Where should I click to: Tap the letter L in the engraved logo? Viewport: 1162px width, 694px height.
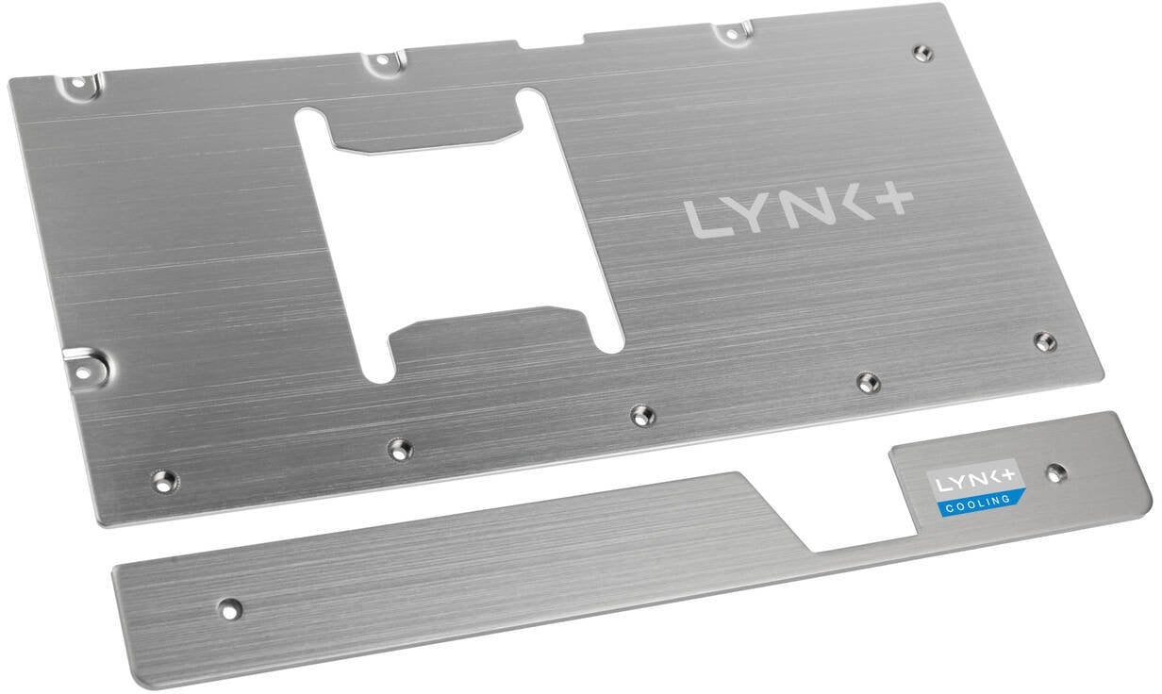tap(704, 220)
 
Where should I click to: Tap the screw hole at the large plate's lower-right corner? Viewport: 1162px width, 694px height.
tap(1042, 339)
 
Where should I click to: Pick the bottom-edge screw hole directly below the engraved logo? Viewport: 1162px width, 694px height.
tap(867, 381)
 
